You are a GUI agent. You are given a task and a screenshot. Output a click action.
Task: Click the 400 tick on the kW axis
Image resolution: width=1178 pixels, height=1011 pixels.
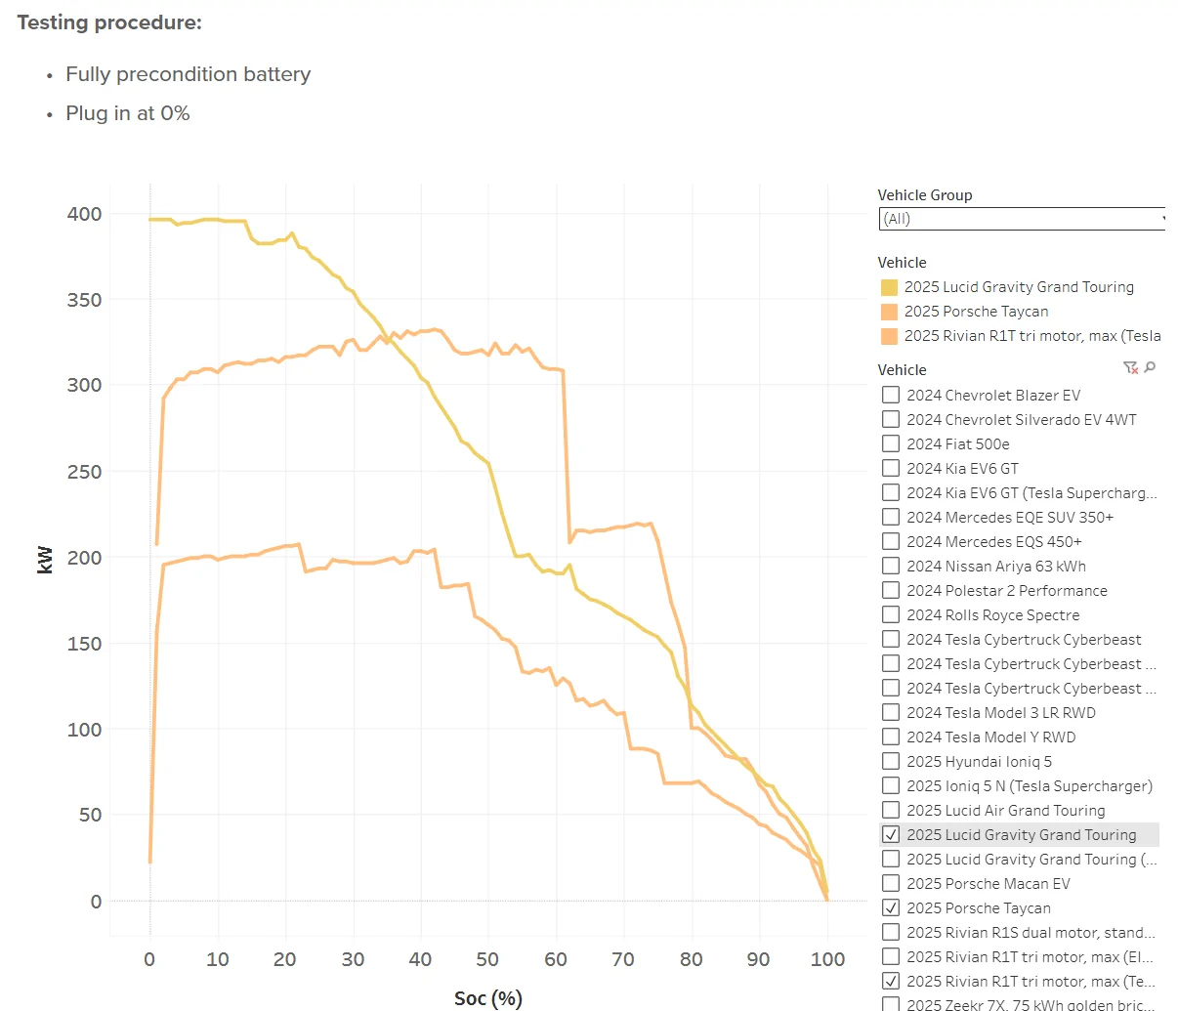click(84, 214)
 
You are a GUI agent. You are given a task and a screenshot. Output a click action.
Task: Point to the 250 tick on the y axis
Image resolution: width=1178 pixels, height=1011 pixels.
click(84, 472)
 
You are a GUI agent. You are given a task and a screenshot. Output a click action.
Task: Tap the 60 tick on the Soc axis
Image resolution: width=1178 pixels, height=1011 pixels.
click(556, 959)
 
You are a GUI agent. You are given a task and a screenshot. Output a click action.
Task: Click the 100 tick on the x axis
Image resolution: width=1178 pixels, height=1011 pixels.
click(827, 959)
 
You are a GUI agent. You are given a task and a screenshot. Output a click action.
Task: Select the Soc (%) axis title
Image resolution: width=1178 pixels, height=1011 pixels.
click(488, 997)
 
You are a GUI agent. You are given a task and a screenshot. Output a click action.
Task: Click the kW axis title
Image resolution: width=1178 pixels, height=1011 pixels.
click(45, 559)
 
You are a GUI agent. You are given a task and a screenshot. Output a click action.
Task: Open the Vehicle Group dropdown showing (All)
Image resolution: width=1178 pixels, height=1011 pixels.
click(1022, 219)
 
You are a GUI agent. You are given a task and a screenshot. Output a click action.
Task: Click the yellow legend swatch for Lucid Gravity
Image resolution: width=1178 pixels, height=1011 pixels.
click(889, 287)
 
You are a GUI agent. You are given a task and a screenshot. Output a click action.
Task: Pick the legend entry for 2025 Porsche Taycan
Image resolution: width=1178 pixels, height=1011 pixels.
click(976, 312)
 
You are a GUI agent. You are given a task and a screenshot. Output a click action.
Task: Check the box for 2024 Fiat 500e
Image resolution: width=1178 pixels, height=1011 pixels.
click(891, 443)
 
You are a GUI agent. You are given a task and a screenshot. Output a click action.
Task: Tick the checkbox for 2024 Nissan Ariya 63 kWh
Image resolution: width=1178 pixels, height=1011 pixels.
click(891, 566)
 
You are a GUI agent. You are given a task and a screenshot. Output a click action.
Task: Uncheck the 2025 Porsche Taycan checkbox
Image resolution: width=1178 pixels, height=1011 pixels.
click(891, 907)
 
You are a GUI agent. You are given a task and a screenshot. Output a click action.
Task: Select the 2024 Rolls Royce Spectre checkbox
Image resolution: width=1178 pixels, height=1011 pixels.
click(891, 614)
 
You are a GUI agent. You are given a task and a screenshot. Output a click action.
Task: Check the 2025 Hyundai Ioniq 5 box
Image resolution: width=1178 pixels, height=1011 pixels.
click(891, 761)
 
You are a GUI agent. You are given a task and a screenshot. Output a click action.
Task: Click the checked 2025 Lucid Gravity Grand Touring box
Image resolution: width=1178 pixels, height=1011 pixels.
click(891, 834)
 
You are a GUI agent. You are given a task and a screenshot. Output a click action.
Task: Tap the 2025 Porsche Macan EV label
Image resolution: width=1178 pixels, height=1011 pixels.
click(988, 883)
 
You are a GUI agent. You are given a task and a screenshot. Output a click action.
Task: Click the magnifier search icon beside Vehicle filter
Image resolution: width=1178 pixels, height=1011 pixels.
click(1150, 367)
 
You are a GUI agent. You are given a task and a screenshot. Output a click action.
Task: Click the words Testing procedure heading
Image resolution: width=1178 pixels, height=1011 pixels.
click(109, 22)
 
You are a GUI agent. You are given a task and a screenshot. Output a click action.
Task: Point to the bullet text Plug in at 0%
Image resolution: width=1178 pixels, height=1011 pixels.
click(127, 113)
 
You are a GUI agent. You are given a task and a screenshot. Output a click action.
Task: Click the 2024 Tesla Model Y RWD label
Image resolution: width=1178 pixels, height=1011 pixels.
click(990, 737)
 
